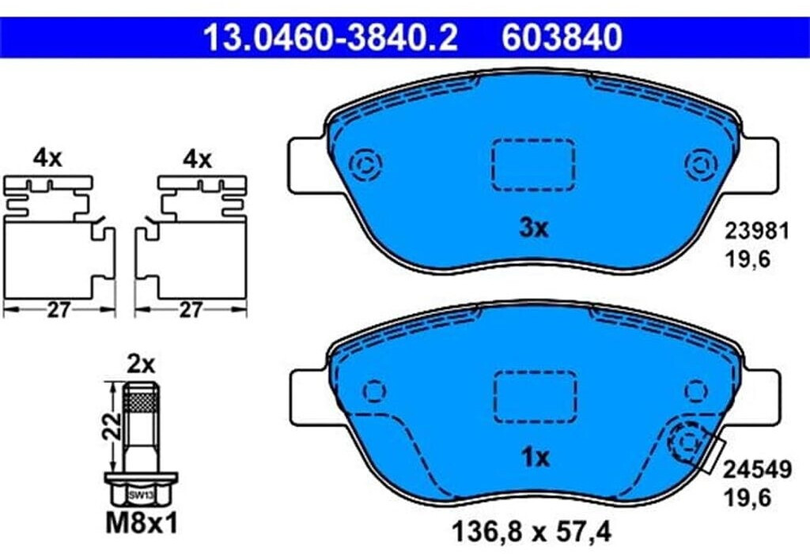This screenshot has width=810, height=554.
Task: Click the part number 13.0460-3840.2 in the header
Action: coord(330,37)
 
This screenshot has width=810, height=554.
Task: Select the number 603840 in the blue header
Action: coord(562,37)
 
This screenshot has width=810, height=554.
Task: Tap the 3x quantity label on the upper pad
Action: coord(534,228)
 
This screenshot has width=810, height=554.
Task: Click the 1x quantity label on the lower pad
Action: coord(536,458)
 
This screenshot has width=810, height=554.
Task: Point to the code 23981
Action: coord(757,232)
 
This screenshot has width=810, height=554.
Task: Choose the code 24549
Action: coord(757,470)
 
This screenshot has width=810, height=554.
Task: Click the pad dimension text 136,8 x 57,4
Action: coord(532,531)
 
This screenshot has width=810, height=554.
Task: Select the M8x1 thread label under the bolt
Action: coord(142,523)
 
